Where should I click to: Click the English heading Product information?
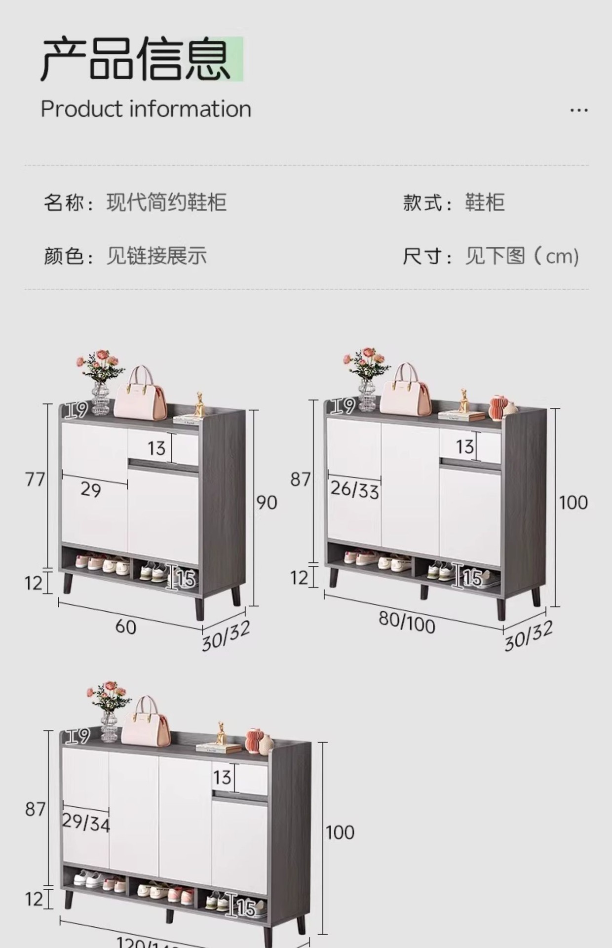coord(146,109)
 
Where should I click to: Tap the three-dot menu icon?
coord(578,110)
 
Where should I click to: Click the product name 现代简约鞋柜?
coord(166,202)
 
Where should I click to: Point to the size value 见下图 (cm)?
coord(521,256)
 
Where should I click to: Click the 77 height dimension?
coord(35,479)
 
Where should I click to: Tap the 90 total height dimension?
coord(267,503)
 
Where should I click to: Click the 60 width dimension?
coord(125,627)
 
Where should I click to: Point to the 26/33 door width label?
coord(354,489)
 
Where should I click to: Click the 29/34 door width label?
coord(86,822)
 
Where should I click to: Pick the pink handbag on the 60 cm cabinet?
coord(140,394)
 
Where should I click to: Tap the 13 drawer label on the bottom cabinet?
coord(222,778)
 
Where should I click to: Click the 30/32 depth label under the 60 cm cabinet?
coord(226,635)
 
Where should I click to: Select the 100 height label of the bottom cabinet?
coord(340,832)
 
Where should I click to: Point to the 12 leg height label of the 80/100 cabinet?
coord(299,577)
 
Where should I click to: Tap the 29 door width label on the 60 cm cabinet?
coord(90,490)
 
